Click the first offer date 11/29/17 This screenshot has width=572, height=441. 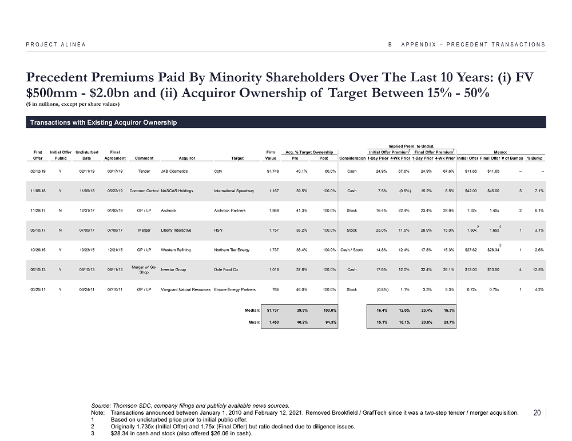coord(38,211)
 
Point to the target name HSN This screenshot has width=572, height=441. coord(217,231)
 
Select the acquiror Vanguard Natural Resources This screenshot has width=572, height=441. coord(186,290)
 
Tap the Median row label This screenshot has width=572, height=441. coord(252,310)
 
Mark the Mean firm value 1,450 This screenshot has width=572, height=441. coord(269,321)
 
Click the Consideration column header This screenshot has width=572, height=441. coord(352,158)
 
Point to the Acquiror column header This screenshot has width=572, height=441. coord(187,158)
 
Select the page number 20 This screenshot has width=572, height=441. coord(537,414)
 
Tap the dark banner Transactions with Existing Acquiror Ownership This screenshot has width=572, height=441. coord(104,123)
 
